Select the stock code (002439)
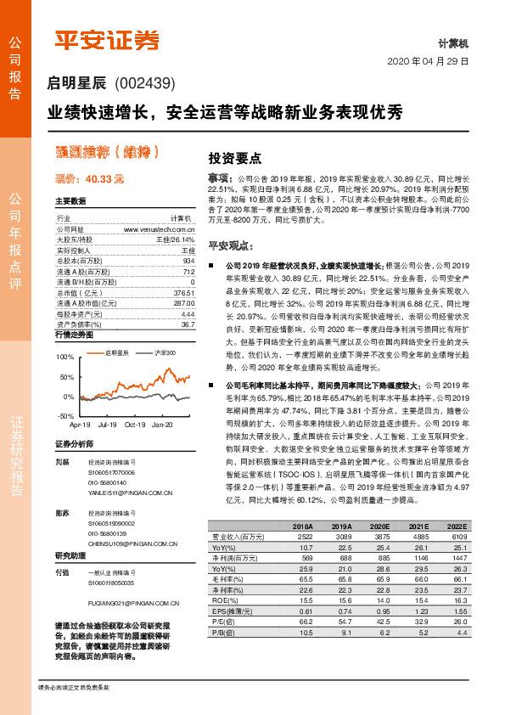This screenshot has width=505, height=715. point(143,83)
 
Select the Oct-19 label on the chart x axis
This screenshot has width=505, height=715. point(136,424)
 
